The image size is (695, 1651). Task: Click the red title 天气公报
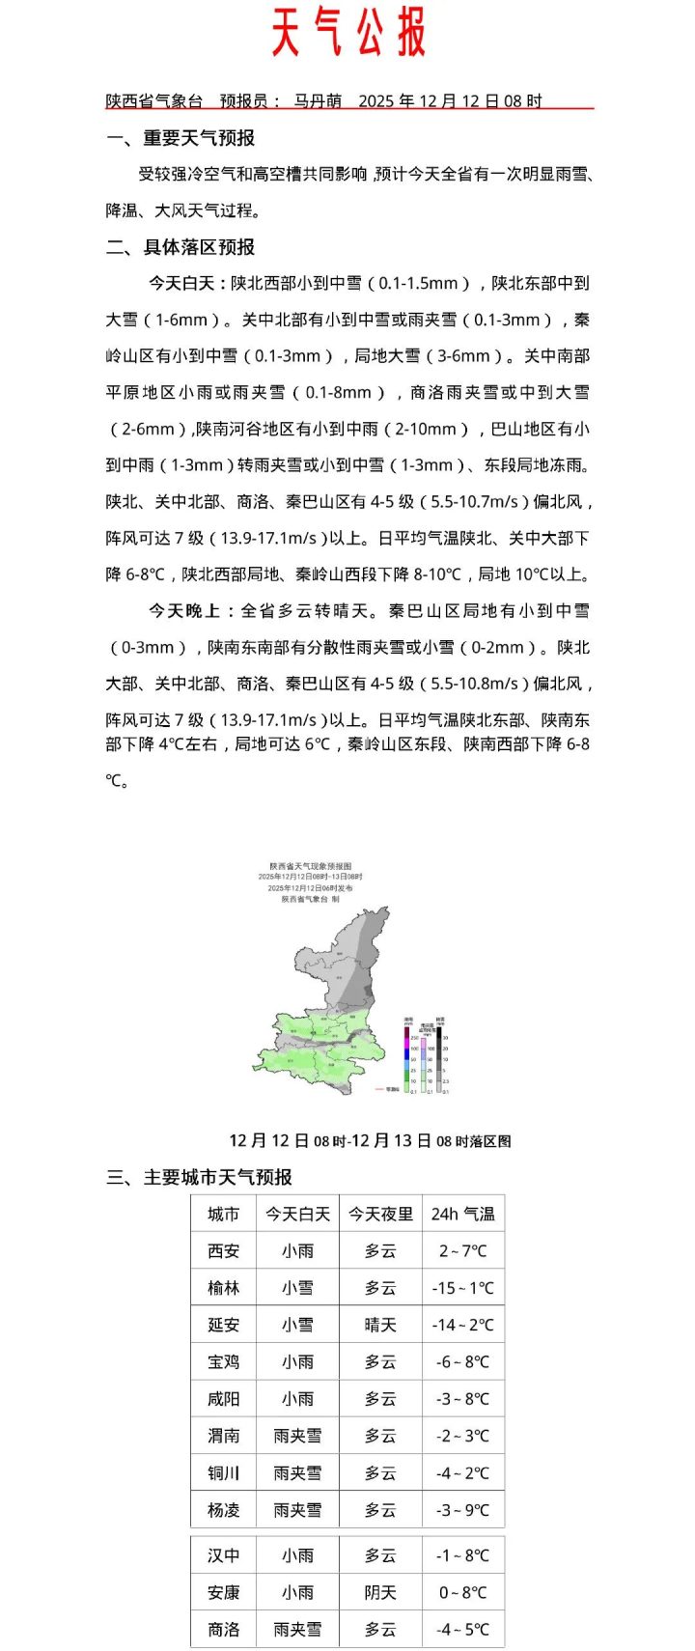click(347, 34)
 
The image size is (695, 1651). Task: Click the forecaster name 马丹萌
click(318, 100)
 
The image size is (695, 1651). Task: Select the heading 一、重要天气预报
click(181, 138)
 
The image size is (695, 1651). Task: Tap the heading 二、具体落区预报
click(181, 247)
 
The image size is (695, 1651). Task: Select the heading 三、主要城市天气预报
click(199, 1177)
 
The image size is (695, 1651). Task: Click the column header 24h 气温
click(462, 1215)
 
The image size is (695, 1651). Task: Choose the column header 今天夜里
click(380, 1215)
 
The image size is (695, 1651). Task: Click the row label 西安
click(223, 1251)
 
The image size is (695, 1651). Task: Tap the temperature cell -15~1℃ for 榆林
click(462, 1288)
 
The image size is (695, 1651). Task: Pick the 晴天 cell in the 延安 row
click(380, 1326)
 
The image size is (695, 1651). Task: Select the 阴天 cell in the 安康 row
click(380, 1593)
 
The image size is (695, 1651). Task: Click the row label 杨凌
click(223, 1510)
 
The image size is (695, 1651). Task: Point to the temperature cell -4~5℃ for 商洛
click(462, 1630)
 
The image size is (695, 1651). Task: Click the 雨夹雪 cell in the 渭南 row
click(297, 1437)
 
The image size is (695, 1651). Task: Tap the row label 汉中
click(223, 1556)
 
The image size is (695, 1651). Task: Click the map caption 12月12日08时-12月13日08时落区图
click(370, 1141)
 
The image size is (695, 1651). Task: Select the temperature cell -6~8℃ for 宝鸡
click(462, 1362)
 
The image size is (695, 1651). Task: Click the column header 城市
click(223, 1215)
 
